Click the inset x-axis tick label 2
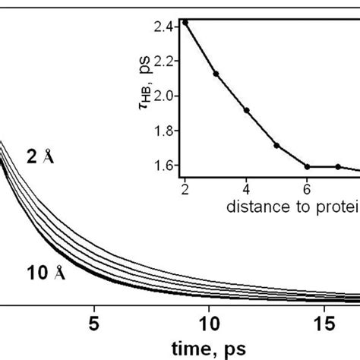click(x=185, y=186)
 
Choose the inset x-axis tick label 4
click(x=247, y=186)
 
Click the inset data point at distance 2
click(x=185, y=22)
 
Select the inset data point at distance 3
click(x=216, y=74)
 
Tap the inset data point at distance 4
click(x=247, y=109)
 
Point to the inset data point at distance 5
click(x=277, y=145)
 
